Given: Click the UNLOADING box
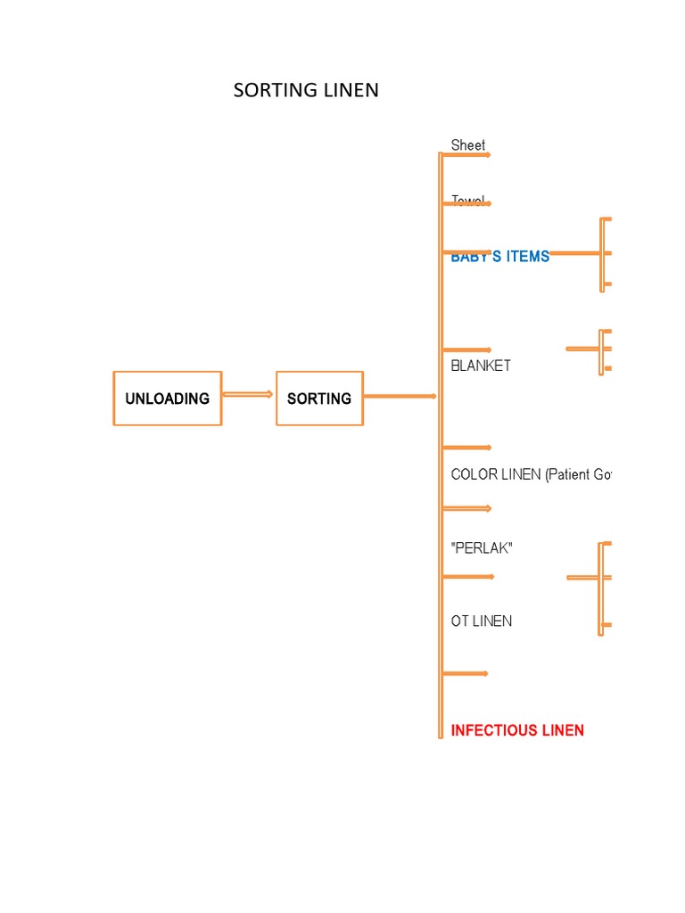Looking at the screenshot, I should pyautogui.click(x=167, y=399).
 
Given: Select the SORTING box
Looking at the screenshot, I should pyautogui.click(x=319, y=399).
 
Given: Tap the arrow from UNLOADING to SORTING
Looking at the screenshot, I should pyautogui.click(x=248, y=394).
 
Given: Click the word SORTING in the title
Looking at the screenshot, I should pyautogui.click(x=276, y=90).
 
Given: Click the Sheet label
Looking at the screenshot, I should pyautogui.click(x=468, y=145).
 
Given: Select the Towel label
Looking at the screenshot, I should pyautogui.click(x=468, y=201).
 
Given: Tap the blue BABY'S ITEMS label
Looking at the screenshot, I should pyautogui.click(x=500, y=257).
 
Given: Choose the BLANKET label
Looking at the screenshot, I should pyautogui.click(x=481, y=366).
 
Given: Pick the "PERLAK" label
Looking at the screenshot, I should pyautogui.click(x=482, y=548).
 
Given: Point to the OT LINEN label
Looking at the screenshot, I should pyautogui.click(x=482, y=621).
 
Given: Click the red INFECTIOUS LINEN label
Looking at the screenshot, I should pyautogui.click(x=517, y=730).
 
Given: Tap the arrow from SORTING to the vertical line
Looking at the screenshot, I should pyautogui.click(x=400, y=396).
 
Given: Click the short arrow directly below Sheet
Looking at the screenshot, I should pyautogui.click(x=466, y=155).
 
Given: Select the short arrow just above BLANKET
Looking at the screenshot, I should pyautogui.click(x=466, y=350).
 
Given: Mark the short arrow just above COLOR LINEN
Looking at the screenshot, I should pyautogui.click(x=466, y=448).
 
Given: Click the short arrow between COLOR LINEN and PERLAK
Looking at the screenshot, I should pyautogui.click(x=466, y=508).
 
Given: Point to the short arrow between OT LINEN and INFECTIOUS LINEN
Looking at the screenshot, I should pyautogui.click(x=465, y=673).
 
